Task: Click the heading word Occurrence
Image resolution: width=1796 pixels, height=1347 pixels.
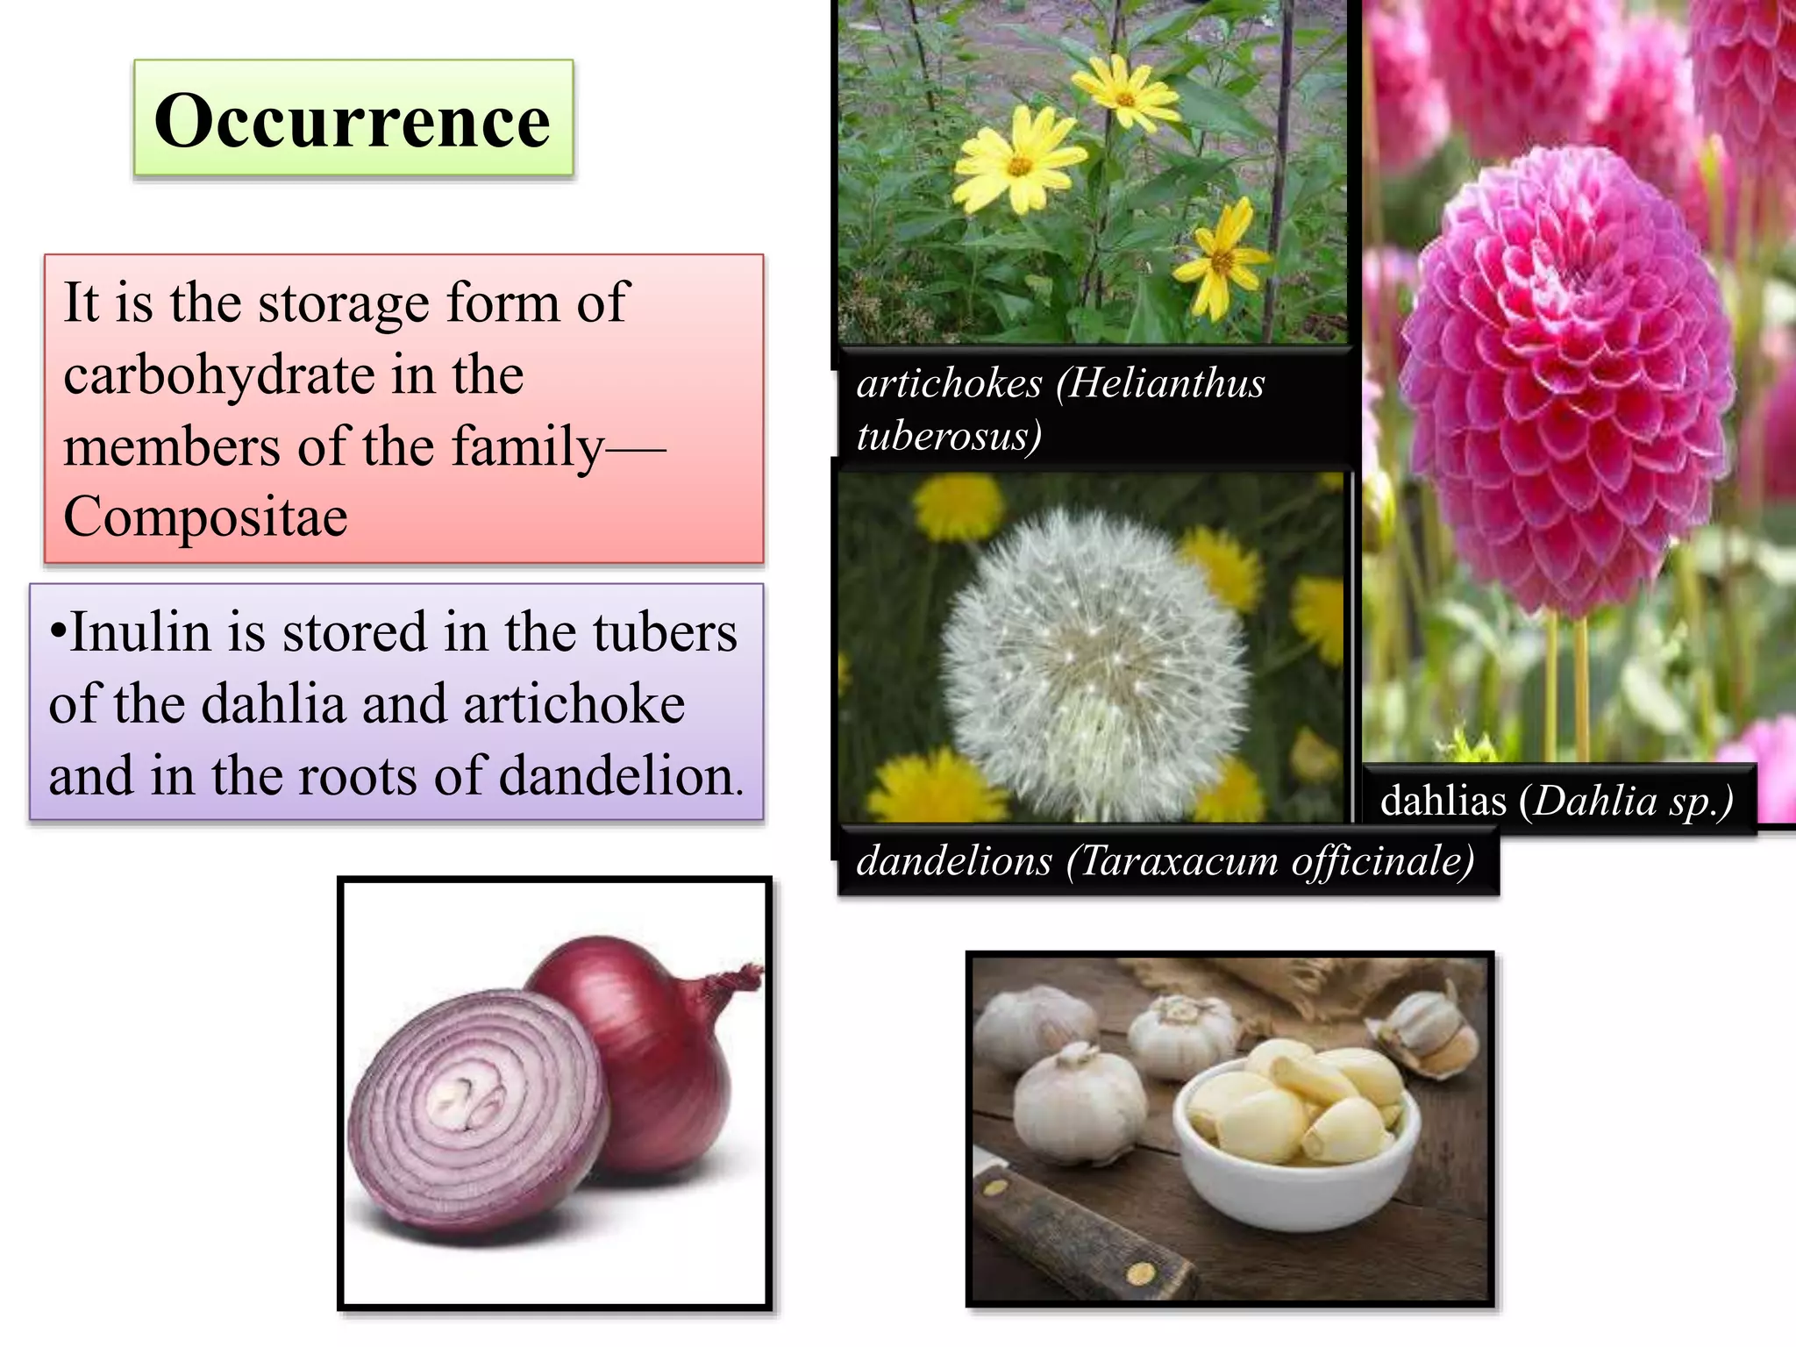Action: coord(352,120)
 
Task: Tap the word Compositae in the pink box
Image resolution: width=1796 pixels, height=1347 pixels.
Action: coord(205,517)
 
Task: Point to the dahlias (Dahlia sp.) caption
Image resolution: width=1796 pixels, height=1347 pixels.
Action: coord(1557,801)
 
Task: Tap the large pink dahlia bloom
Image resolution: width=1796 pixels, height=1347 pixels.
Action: coord(1564,377)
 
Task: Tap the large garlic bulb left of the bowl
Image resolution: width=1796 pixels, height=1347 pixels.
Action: coord(1079,1105)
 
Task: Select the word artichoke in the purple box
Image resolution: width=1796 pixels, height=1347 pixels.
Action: coord(574,704)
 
